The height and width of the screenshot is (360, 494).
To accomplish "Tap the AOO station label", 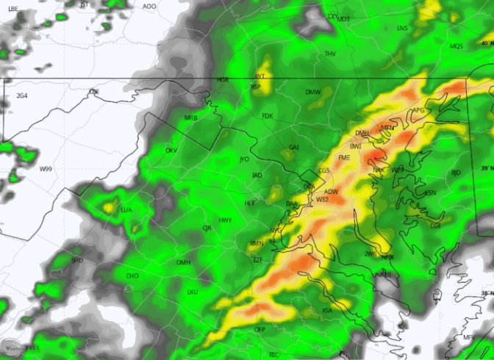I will pos(149,7).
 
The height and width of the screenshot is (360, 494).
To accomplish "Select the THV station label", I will pos(330,54).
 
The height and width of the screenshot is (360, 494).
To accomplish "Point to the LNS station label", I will pos(401,29).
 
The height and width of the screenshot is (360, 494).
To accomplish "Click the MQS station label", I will pos(457,47).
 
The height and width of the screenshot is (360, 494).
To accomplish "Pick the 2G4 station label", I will pos(22,96).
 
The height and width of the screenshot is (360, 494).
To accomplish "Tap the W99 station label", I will pos(46,170).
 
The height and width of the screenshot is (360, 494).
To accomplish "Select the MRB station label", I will pos(190,118).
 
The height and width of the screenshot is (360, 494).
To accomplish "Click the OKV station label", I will pos(171,151).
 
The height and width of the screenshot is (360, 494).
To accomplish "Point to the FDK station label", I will pos(267,116).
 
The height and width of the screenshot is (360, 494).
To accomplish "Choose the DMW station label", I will pos(314,92).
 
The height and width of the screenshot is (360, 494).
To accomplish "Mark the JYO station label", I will pos(245,159).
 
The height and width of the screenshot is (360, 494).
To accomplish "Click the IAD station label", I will pos(257,176).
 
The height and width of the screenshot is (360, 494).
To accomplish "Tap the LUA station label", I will pos(126,210).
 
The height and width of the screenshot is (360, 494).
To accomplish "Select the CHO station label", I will pos(132,276).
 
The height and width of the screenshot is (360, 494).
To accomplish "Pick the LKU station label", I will pos(193,292).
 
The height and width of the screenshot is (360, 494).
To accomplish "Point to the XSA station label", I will pos(327,311).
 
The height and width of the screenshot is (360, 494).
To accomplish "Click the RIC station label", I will pos(274,355).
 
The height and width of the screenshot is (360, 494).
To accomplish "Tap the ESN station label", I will pos(430,193).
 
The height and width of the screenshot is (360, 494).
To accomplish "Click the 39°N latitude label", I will pos(486,168).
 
